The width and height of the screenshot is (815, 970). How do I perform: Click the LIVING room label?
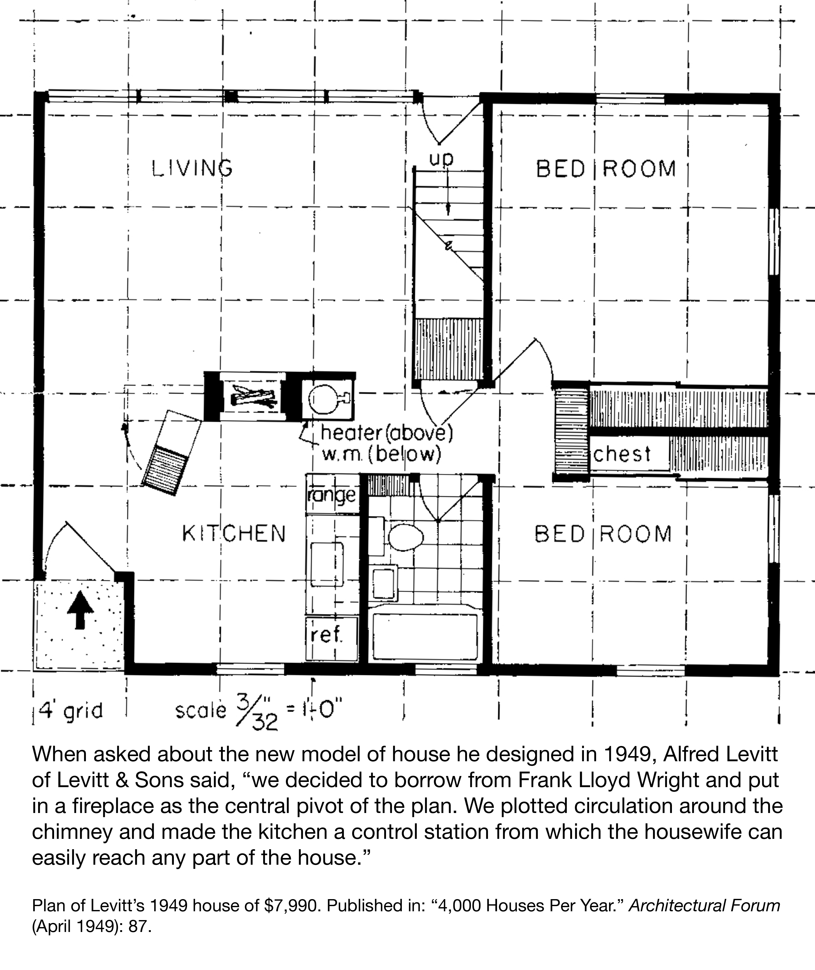tap(192, 168)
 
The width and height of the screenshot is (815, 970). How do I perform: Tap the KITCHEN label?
tap(234, 533)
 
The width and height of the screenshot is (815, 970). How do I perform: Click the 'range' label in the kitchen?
tap(332, 496)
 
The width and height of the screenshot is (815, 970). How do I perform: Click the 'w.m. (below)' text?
tap(381, 455)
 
